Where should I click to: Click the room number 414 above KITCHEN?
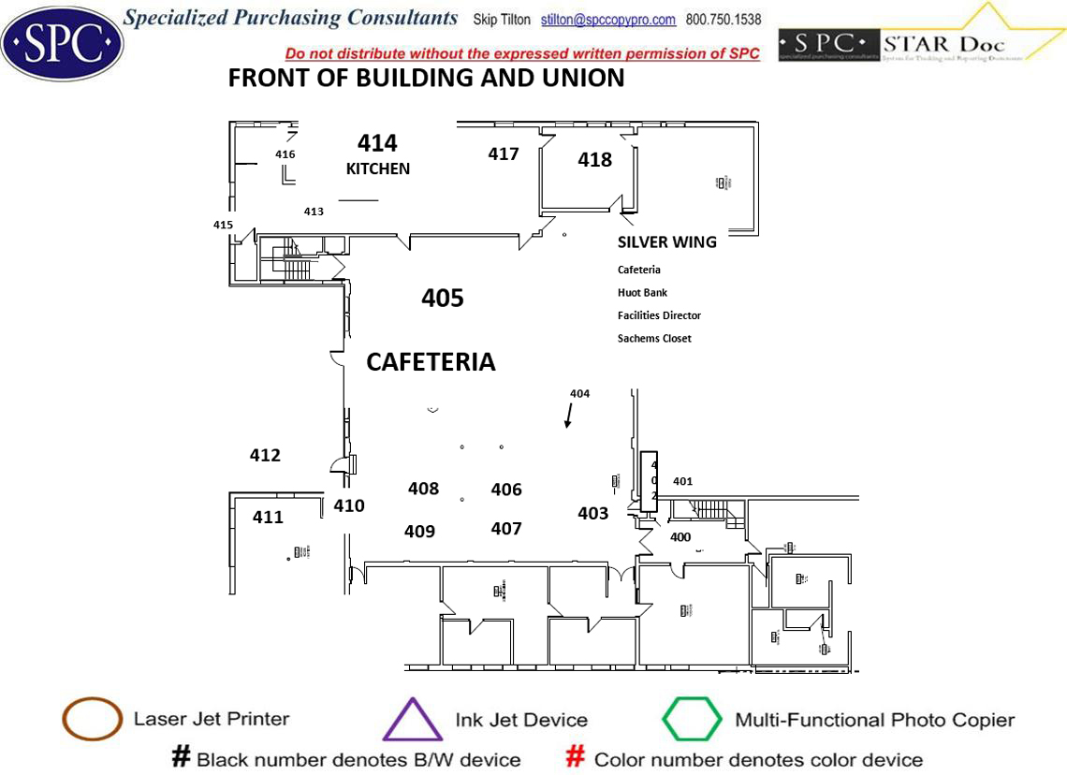[x=377, y=143]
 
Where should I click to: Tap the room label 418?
[x=594, y=160]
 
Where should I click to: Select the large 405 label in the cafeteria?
[x=443, y=299]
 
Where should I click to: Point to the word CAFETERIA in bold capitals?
[x=431, y=362]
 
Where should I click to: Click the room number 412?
[x=265, y=456]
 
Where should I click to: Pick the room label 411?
[x=268, y=517]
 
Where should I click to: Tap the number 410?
[x=349, y=506]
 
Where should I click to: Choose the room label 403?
[x=592, y=513]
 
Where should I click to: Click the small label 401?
[x=683, y=482]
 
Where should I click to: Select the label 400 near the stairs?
[x=680, y=537]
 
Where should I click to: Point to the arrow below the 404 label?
[x=568, y=416]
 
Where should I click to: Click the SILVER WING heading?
[x=667, y=242]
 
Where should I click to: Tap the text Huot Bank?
[x=642, y=293]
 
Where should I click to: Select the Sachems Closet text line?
[x=654, y=339]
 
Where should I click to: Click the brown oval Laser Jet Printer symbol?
[x=92, y=719]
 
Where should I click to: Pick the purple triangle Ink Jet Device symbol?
[x=413, y=720]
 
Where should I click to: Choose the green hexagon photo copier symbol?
[x=692, y=720]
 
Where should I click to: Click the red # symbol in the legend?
[x=577, y=758]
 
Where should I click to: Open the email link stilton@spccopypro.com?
[x=608, y=20]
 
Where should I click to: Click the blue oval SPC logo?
[x=61, y=40]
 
